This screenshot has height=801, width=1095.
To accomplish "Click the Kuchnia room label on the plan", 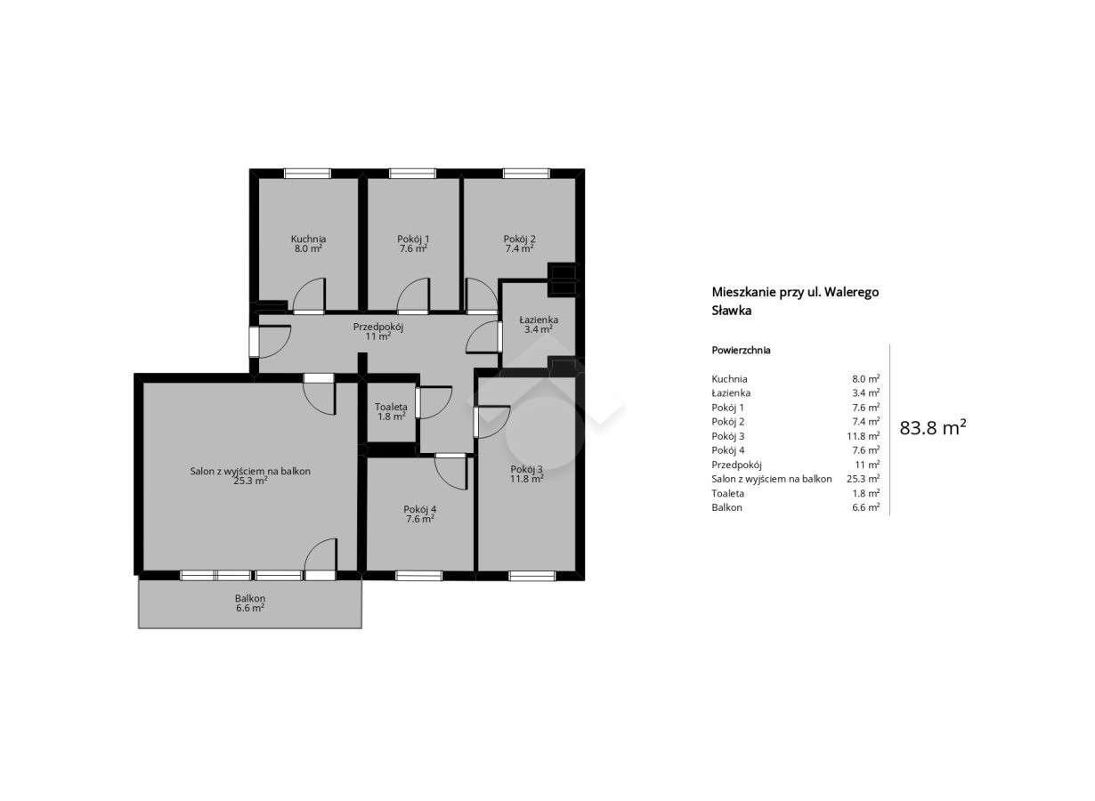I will click(308, 239).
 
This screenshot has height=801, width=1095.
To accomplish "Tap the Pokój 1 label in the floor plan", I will click(413, 239).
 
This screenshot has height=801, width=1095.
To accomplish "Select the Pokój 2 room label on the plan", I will click(519, 239).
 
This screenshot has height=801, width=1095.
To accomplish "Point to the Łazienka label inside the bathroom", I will click(539, 320).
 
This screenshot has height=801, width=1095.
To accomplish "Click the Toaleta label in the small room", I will click(391, 407).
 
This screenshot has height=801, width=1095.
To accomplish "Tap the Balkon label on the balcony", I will click(250, 599).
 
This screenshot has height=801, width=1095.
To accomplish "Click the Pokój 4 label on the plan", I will click(419, 510).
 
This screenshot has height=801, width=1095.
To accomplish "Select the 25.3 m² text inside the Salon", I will click(250, 481).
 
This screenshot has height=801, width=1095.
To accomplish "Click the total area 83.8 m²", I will click(933, 427).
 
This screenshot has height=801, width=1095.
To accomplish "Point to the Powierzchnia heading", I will click(741, 350).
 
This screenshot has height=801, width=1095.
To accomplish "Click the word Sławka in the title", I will click(732, 311).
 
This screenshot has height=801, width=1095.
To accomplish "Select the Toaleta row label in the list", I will click(728, 493).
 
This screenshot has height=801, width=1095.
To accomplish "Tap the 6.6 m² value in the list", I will click(865, 507).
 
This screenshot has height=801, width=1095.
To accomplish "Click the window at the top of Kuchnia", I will click(307, 174).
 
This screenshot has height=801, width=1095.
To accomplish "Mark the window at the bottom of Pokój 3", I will click(531, 576).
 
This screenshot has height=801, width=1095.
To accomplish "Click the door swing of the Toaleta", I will click(434, 402).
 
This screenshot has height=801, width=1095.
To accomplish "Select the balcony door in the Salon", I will click(320, 560).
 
